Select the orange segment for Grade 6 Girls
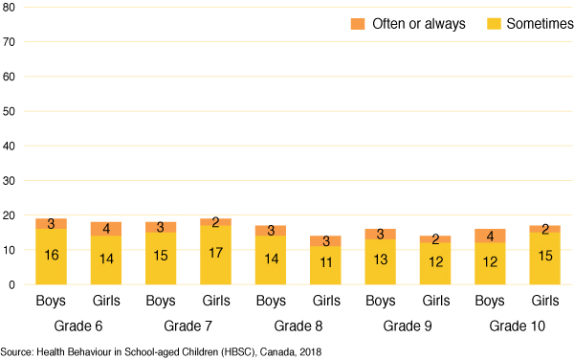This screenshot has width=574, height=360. tap(106, 229)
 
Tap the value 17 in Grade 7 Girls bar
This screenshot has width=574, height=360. tap(215, 255)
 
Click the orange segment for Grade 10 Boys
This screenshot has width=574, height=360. tap(491, 236)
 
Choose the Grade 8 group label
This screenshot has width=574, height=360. tap(298, 325)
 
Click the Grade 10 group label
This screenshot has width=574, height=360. tap(519, 325)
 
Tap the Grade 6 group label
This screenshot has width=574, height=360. tap(78, 325)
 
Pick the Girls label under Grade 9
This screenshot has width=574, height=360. tap(435, 302)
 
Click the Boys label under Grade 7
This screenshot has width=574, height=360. tap(161, 302)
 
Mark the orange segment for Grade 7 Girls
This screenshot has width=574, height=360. tap(215, 222)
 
